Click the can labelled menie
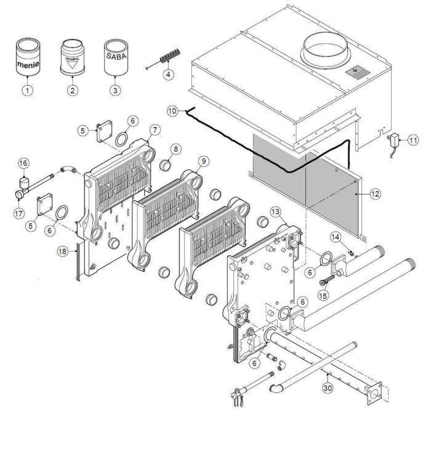(26, 59)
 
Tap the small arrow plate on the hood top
(355, 73)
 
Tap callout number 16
(23, 163)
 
